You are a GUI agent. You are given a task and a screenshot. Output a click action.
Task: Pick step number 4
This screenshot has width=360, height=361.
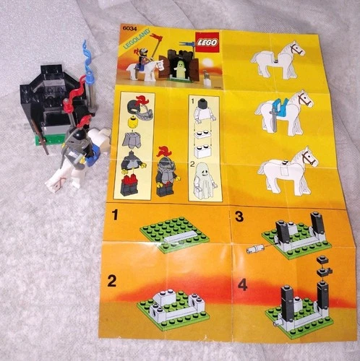(242, 284)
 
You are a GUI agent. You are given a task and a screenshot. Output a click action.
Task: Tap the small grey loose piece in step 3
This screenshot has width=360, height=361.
(254, 248)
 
